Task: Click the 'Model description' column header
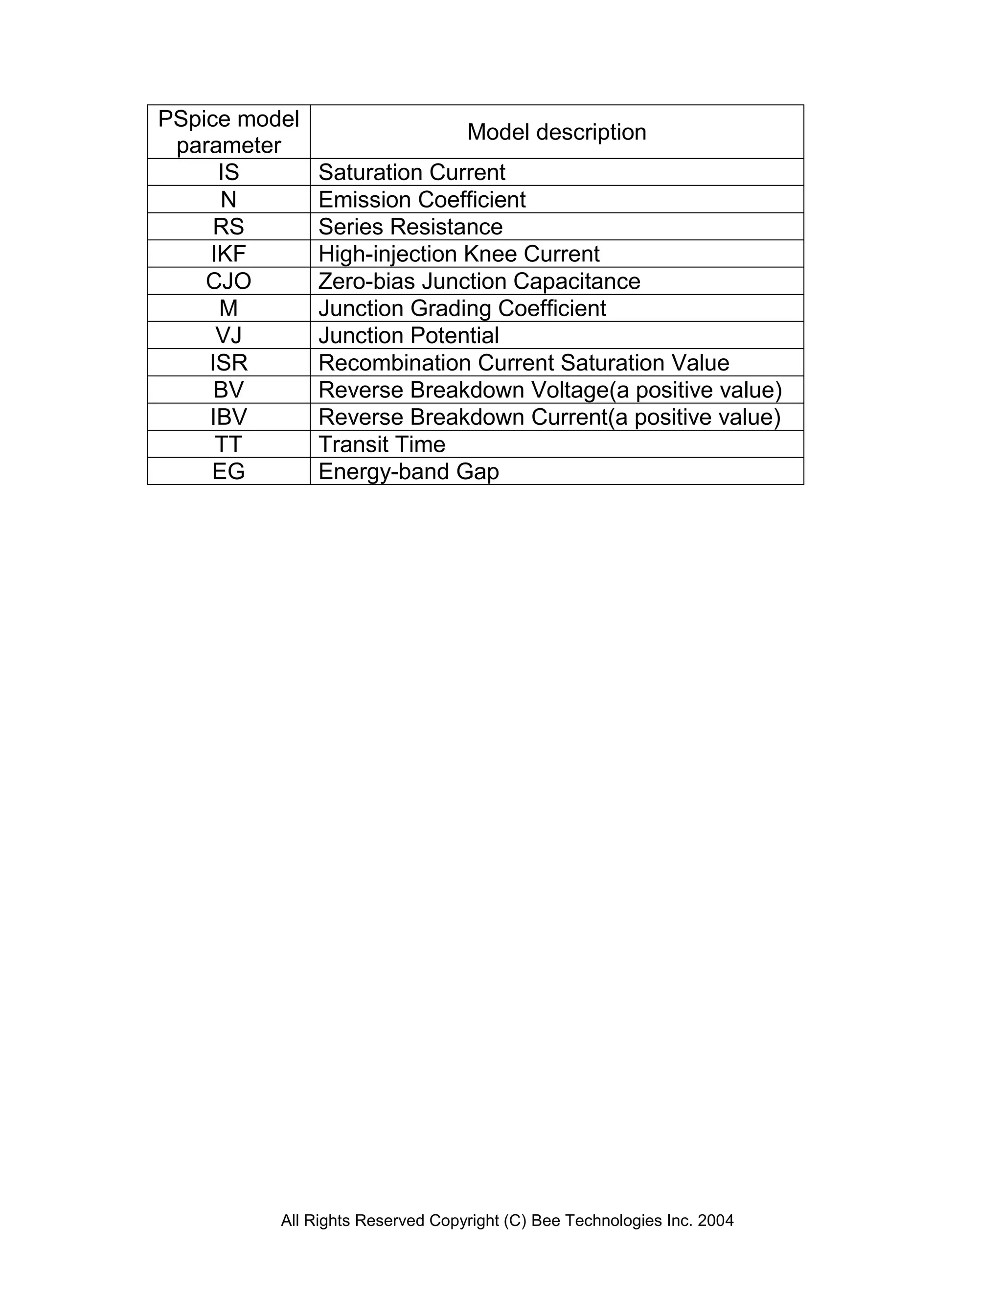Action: [x=556, y=132]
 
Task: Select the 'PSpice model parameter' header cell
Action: [x=228, y=132]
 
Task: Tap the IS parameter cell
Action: [x=228, y=172]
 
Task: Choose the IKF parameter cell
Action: [x=228, y=254]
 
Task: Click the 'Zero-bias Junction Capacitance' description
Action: [x=479, y=281]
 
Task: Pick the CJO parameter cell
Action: [x=228, y=281]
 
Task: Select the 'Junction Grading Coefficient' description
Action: [x=462, y=309]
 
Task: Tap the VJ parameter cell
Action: [x=228, y=336]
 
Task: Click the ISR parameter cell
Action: [x=228, y=363]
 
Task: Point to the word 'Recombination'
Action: [x=394, y=363]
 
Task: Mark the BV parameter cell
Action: [x=228, y=390]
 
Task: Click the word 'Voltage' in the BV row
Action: [x=570, y=390]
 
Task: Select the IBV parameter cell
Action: [x=228, y=417]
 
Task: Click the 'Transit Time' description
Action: [x=382, y=444]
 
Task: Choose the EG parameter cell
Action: [x=228, y=471]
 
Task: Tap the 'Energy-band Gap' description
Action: [x=409, y=471]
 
